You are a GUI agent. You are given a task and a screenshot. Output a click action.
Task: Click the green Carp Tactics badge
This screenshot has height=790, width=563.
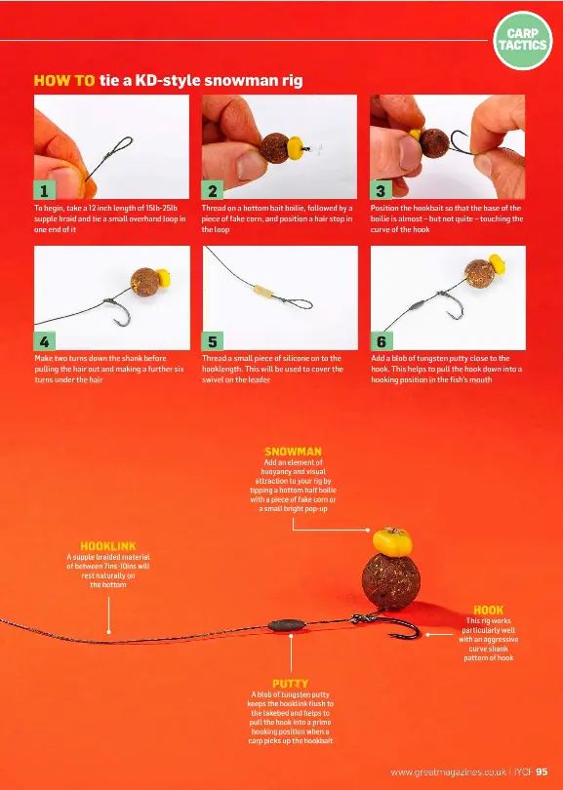pyautogui.click(x=523, y=40)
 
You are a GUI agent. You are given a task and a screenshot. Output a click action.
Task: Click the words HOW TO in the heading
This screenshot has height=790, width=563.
pyautogui.click(x=64, y=81)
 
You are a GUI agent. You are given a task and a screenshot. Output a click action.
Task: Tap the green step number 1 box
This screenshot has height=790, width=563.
pyautogui.click(x=44, y=190)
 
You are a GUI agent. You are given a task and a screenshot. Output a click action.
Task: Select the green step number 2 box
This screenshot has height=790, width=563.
pyautogui.click(x=212, y=190)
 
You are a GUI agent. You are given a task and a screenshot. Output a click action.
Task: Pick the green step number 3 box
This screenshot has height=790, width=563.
pyautogui.click(x=381, y=190)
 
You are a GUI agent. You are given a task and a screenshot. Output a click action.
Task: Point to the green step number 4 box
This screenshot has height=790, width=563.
pyautogui.click(x=44, y=341)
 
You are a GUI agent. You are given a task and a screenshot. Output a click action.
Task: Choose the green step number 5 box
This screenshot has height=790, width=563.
pyautogui.click(x=212, y=341)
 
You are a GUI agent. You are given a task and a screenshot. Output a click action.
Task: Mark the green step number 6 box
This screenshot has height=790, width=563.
pyautogui.click(x=382, y=341)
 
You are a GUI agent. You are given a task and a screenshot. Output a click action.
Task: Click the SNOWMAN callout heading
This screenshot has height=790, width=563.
pyautogui.click(x=293, y=452)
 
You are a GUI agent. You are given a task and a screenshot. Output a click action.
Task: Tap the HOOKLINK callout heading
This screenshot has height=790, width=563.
pyautogui.click(x=108, y=545)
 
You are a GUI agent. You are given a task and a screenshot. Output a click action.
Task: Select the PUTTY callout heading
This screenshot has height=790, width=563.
pyautogui.click(x=291, y=684)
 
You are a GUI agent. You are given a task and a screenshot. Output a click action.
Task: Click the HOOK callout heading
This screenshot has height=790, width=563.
pyautogui.click(x=489, y=611)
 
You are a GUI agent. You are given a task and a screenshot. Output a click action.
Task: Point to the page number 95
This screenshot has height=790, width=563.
pyautogui.click(x=542, y=771)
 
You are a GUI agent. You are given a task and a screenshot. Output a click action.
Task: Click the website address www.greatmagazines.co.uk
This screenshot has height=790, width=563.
pyautogui.click(x=448, y=771)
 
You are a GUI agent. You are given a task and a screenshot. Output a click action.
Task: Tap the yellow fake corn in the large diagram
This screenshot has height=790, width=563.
pyautogui.click(x=392, y=541)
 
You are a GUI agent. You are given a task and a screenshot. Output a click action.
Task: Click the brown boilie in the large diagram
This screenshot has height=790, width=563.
pyautogui.click(x=391, y=582)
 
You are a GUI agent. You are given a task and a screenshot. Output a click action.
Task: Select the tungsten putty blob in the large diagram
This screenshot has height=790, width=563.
pyautogui.click(x=287, y=625)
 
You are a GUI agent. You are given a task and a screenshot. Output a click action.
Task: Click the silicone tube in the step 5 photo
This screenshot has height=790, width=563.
pyautogui.click(x=264, y=292)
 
